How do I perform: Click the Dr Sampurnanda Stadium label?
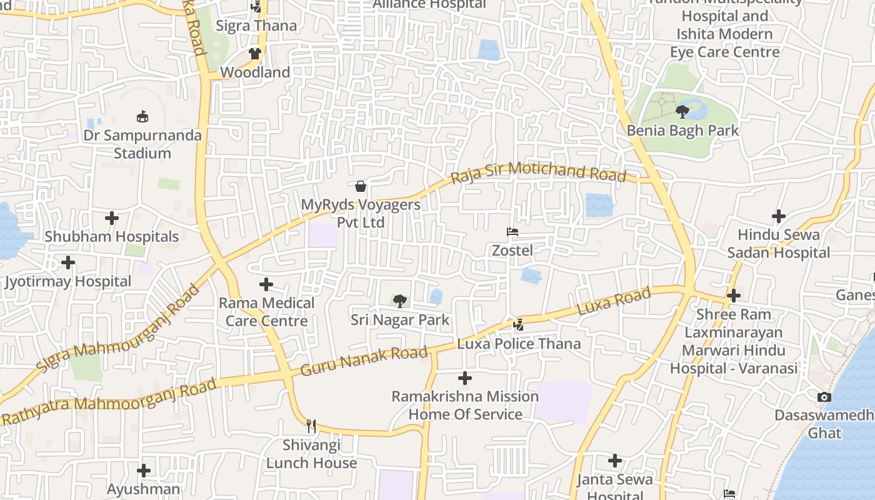tap(143, 144)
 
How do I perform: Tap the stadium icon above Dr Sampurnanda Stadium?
tap(142, 116)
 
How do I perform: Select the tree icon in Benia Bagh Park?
tap(682, 112)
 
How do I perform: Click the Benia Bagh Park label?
tap(682, 131)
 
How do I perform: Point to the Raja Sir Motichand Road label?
tap(538, 171)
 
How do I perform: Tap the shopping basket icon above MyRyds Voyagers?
tap(361, 186)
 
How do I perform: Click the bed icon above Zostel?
tap(512, 232)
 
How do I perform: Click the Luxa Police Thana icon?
tap(518, 324)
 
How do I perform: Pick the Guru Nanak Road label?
tap(364, 361)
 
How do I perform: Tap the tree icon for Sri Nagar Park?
tap(400, 301)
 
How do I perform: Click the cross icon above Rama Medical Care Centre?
tap(266, 284)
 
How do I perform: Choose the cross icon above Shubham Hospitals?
tap(112, 218)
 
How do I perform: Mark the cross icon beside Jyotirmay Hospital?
tap(68, 262)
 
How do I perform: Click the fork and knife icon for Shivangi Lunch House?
tap(311, 426)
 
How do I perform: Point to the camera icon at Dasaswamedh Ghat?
tap(824, 397)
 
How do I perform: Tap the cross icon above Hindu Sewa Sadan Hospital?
tap(779, 216)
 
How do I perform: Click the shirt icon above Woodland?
tap(255, 54)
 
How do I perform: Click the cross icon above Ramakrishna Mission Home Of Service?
tap(465, 377)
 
